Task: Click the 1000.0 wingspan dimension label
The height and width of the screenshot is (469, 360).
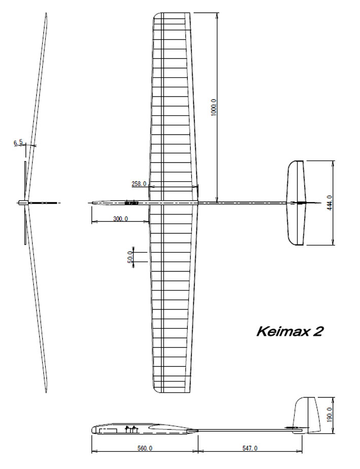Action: click(214, 107)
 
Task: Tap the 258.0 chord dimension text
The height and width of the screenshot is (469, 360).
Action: click(139, 183)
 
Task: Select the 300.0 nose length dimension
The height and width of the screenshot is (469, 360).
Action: click(120, 218)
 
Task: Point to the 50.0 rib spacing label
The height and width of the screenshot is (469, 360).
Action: click(130, 257)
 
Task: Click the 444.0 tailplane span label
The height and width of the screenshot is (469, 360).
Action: click(330, 203)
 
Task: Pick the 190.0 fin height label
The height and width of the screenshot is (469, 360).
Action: click(330, 415)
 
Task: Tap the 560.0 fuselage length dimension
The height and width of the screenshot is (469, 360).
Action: click(145, 448)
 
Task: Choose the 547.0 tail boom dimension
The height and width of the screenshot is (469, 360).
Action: click(250, 448)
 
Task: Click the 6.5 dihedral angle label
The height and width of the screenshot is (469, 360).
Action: click(18, 143)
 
